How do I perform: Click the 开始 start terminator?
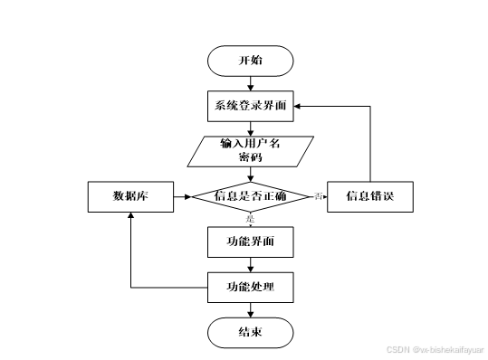pyautogui.click(x=250, y=61)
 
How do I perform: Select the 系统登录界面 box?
pyautogui.click(x=250, y=106)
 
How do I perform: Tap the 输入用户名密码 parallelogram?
pyautogui.click(x=250, y=151)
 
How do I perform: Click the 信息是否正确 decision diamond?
pyautogui.click(x=250, y=196)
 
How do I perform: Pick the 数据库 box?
pyautogui.click(x=130, y=196)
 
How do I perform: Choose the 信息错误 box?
pyautogui.click(x=369, y=196)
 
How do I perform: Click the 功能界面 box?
pyautogui.click(x=250, y=242)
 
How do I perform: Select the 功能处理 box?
pyautogui.click(x=250, y=288)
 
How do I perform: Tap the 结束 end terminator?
pyautogui.click(x=250, y=333)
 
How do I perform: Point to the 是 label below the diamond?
pyautogui.click(x=251, y=219)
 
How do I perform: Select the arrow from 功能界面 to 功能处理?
pyautogui.click(x=250, y=265)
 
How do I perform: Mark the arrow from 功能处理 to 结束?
pyautogui.click(x=250, y=310)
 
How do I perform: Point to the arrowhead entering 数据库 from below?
pyautogui.click(x=130, y=217)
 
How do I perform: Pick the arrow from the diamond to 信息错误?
pyautogui.click(x=317, y=196)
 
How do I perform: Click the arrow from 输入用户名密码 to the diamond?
pyautogui.click(x=250, y=174)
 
